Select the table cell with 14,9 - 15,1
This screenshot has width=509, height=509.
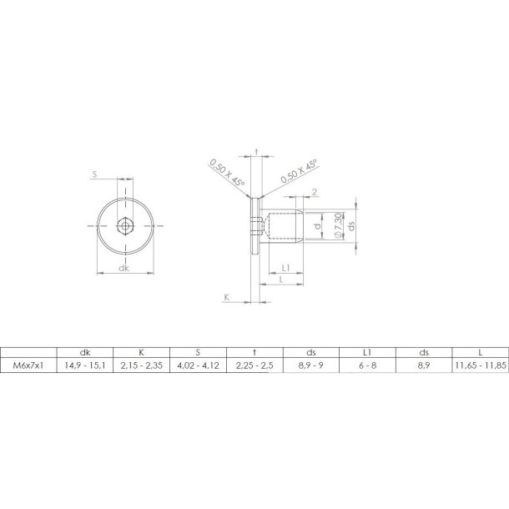pyautogui.click(x=84, y=365)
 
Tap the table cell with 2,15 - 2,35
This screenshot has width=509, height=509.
pyautogui.click(x=141, y=365)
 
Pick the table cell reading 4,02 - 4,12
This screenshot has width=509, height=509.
pyautogui.click(x=198, y=365)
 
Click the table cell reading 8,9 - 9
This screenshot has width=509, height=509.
pyautogui.click(x=311, y=365)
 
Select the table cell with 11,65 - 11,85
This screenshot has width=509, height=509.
pyautogui.click(x=480, y=365)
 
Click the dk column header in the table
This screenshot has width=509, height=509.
pyautogui.click(x=84, y=352)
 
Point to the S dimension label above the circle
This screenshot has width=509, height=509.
pyautogui.click(x=96, y=175)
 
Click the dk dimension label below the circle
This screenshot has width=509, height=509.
pyautogui.click(x=123, y=268)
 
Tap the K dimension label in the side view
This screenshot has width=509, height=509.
pyautogui.click(x=226, y=296)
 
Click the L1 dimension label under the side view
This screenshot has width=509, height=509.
pyautogui.click(x=285, y=268)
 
